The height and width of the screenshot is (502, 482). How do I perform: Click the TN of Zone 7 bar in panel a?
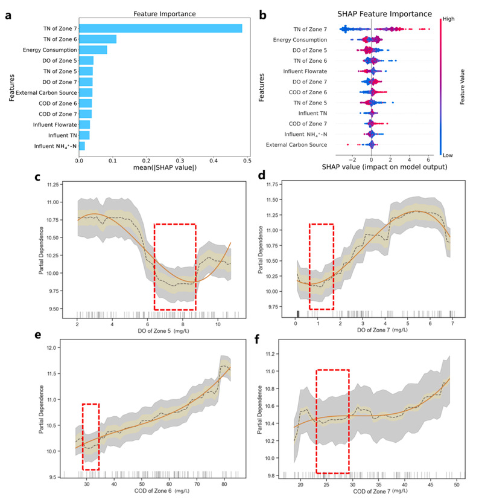coord(160,28)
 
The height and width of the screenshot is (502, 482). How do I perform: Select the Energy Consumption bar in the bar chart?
coord(93,50)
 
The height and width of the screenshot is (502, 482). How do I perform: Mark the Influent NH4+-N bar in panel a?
coord(81,146)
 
